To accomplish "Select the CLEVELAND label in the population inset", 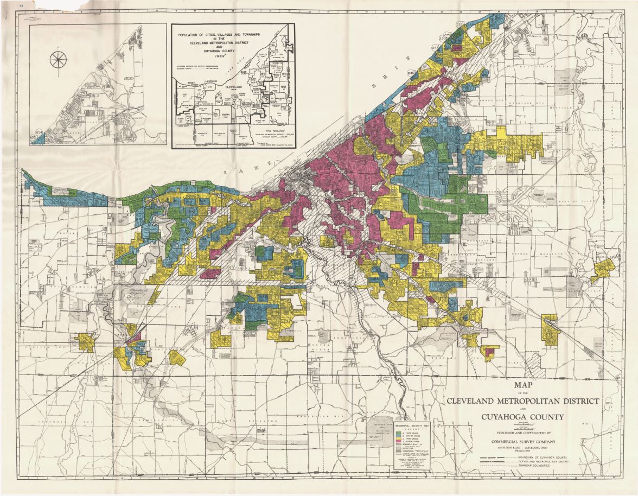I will coord(234,87).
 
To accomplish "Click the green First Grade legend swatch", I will coord(398,433).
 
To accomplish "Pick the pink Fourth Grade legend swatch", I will coord(398,441).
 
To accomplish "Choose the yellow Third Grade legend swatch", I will coord(398,438).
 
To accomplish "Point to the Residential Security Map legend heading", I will coord(412,425).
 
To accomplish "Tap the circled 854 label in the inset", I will coord(39,132).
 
